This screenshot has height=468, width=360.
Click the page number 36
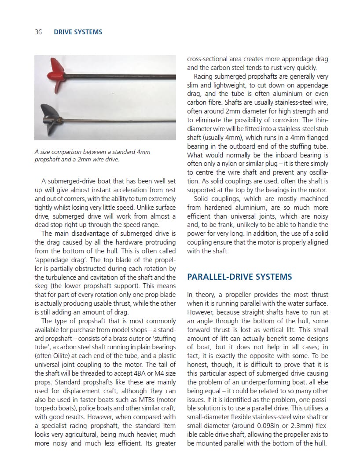[38, 32]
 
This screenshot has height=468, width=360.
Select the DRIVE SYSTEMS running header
[78, 32]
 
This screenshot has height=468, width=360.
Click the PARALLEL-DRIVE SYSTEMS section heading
[239, 277]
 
